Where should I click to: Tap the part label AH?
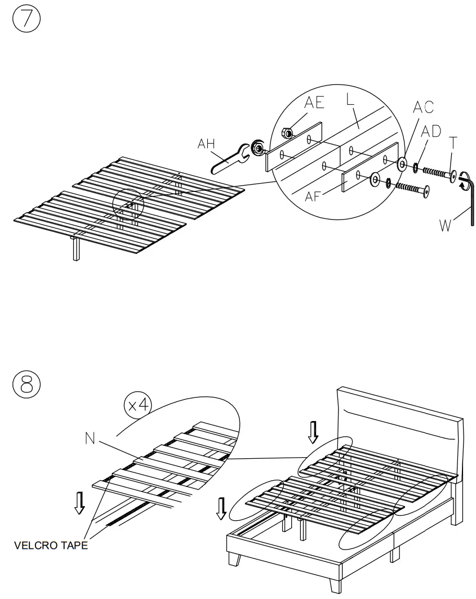point(207,144)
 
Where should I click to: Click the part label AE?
point(315,102)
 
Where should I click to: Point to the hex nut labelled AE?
point(286,133)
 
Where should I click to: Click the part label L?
point(350,100)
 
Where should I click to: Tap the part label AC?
point(424,108)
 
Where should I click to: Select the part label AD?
point(432,131)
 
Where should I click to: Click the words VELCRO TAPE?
point(51,545)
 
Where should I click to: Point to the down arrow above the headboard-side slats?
point(313,432)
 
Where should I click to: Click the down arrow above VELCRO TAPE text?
point(80,502)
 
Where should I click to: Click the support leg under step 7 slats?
point(75,249)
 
